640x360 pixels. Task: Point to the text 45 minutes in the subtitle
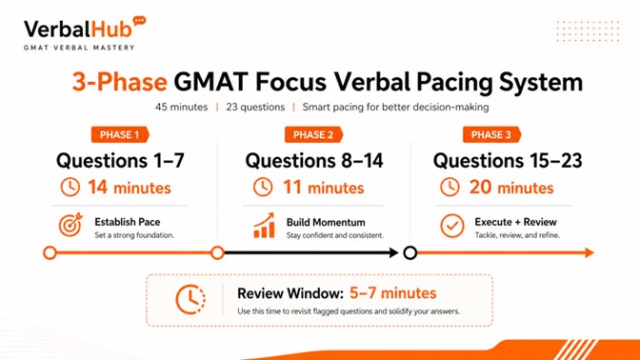click(182, 106)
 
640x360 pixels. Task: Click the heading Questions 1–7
click(120, 160)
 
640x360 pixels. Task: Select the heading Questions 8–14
click(314, 160)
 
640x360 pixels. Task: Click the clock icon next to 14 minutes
click(70, 188)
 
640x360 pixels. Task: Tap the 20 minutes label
click(511, 188)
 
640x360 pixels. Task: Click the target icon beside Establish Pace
click(70, 227)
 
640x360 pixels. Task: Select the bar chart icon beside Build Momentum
click(264, 227)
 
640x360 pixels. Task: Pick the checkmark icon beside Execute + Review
click(452, 227)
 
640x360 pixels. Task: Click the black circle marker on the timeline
click(410, 252)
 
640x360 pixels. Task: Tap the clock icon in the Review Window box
click(190, 299)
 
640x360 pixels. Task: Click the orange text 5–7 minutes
click(391, 292)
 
